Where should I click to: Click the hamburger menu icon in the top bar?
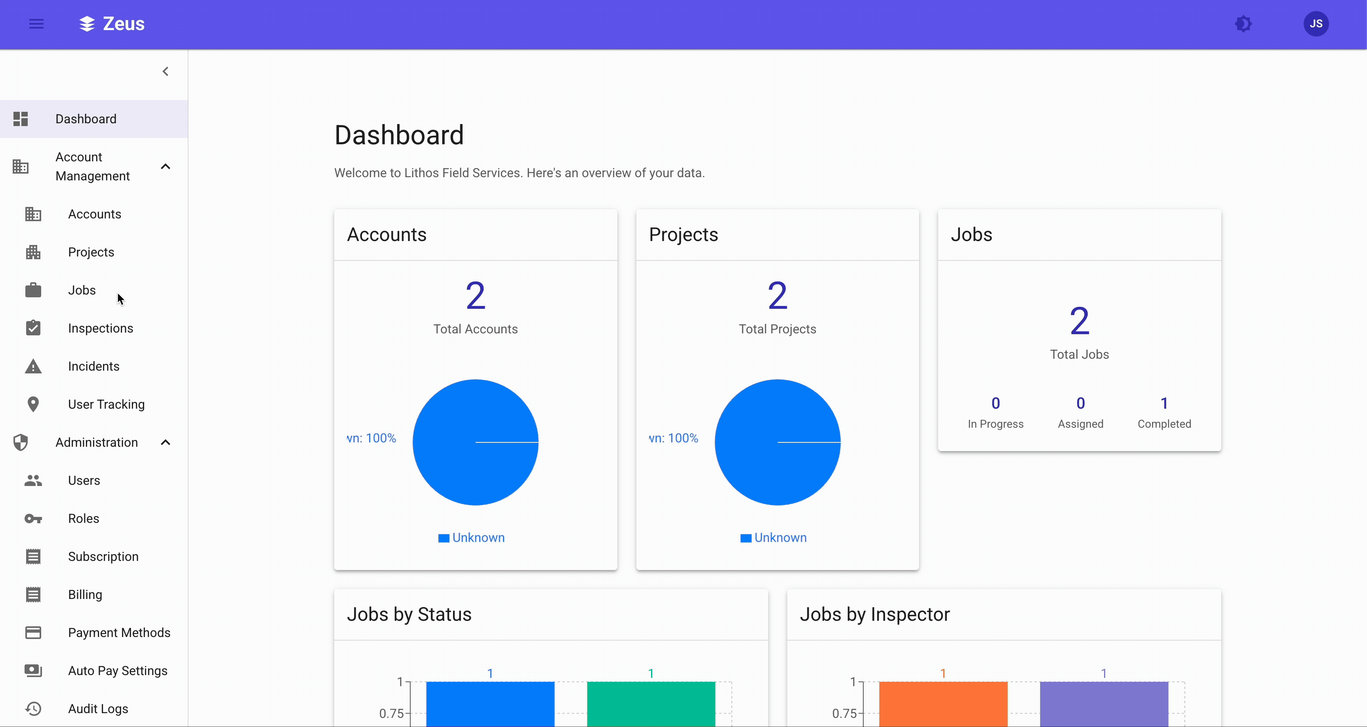(x=36, y=24)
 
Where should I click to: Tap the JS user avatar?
(x=1316, y=24)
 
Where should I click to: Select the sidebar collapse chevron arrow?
(x=166, y=71)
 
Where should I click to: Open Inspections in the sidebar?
(x=100, y=328)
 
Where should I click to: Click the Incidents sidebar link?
(x=93, y=366)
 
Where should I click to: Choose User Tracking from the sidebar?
(x=106, y=404)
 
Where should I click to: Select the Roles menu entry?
(x=83, y=518)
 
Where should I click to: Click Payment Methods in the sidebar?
(x=119, y=633)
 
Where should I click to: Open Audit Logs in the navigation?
(x=98, y=708)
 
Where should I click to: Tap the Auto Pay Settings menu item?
(x=117, y=671)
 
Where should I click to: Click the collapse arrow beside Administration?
(x=166, y=442)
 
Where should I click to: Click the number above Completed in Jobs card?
(x=1164, y=403)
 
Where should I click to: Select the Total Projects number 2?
(x=777, y=296)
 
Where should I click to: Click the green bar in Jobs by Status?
(x=651, y=703)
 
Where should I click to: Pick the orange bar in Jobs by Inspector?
(x=942, y=703)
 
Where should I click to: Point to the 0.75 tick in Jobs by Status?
(x=391, y=713)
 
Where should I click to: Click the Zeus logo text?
(x=123, y=24)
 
